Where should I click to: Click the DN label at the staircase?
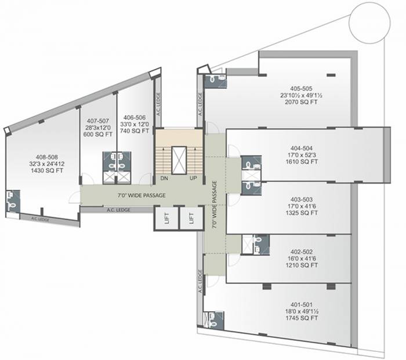click(164, 178)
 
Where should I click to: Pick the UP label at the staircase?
click(193, 178)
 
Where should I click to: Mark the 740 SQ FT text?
click(133, 131)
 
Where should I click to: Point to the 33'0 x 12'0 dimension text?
click(133, 124)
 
